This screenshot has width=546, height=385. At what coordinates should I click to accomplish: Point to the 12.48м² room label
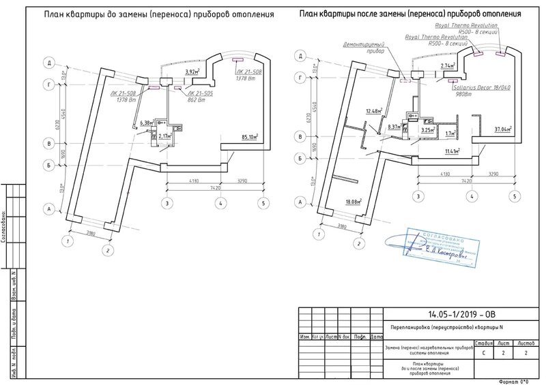point(373,111)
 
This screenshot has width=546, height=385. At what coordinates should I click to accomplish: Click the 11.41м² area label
point(452,151)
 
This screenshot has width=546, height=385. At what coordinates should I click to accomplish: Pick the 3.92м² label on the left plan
point(195,71)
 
